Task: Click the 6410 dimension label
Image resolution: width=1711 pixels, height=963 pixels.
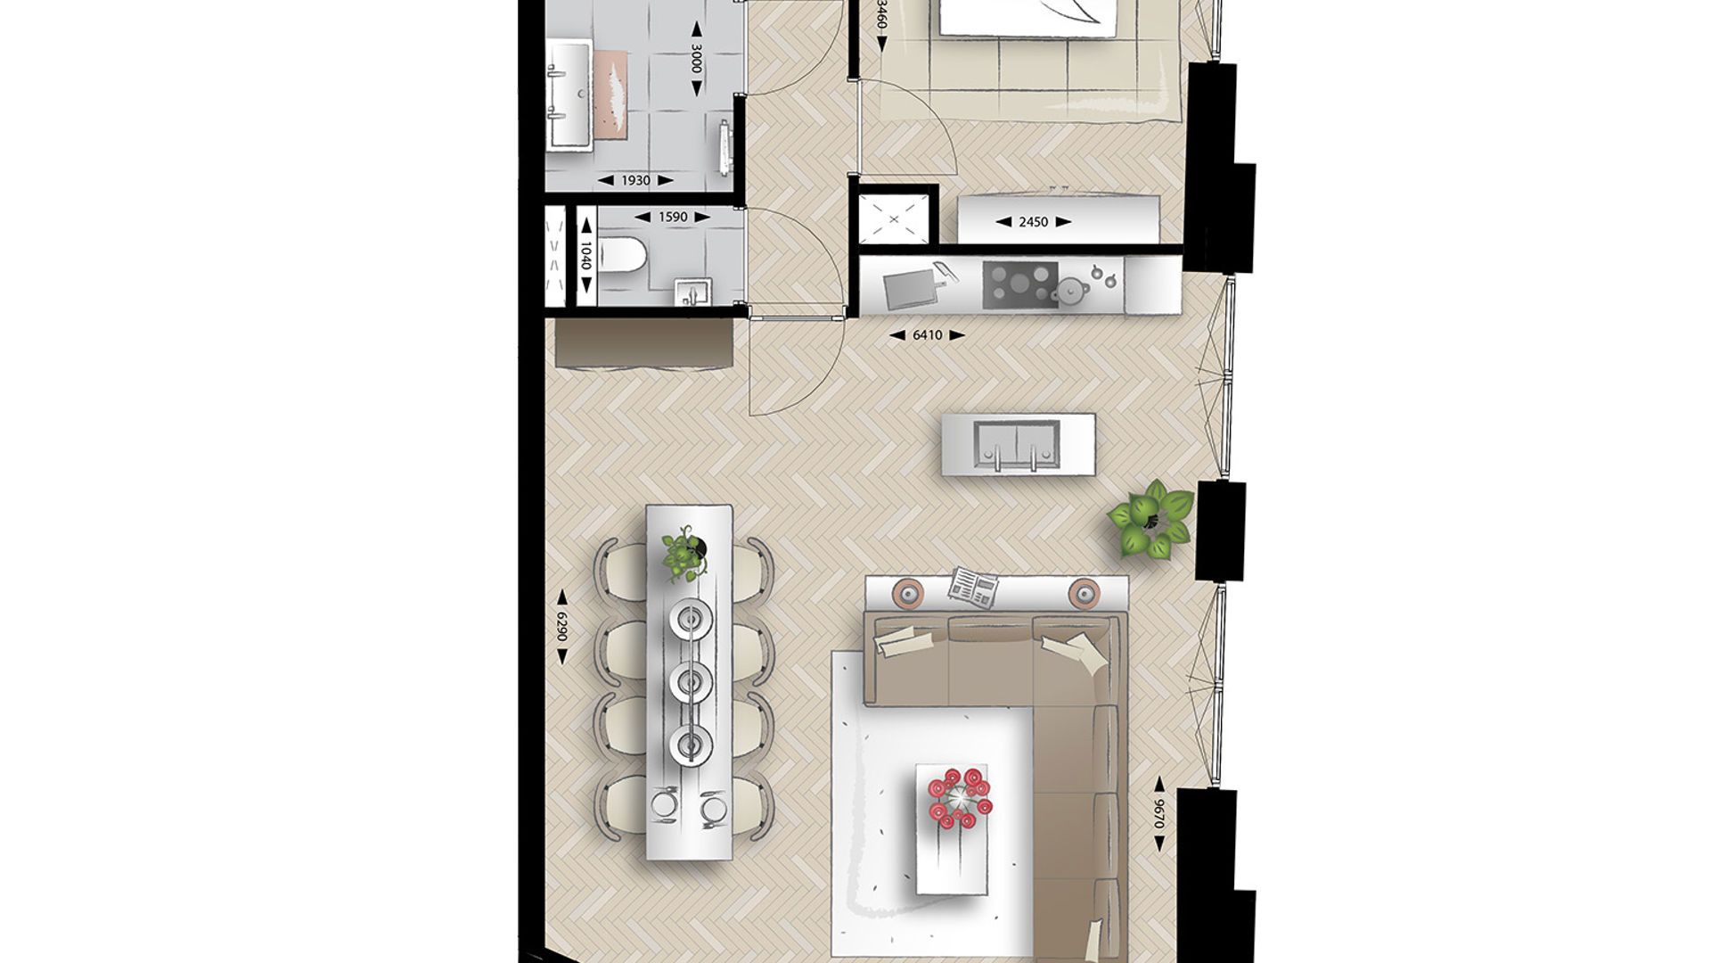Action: coord(927,335)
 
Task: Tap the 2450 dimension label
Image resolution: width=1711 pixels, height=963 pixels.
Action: coord(1033,222)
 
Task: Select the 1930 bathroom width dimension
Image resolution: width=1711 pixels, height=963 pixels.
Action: coord(635,181)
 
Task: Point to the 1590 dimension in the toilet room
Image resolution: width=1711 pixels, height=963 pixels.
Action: coord(672,217)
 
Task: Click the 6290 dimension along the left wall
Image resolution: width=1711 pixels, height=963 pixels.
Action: coord(562,626)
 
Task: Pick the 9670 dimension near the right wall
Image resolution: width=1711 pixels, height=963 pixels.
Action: coord(1158,814)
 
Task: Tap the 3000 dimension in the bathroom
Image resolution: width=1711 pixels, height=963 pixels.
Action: coord(697,61)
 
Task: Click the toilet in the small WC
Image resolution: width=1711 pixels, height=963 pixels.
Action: coord(623,257)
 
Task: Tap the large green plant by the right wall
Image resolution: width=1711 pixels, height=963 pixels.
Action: coord(1150,520)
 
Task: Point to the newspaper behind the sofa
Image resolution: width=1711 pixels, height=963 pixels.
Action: coord(973,586)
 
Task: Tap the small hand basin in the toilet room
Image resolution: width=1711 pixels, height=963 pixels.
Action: coord(688,292)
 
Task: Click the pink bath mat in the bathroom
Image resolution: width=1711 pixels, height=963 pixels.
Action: coord(612,94)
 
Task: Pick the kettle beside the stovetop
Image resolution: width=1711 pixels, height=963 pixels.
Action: coord(1068,290)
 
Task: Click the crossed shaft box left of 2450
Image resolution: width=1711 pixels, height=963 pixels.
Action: coord(894,217)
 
